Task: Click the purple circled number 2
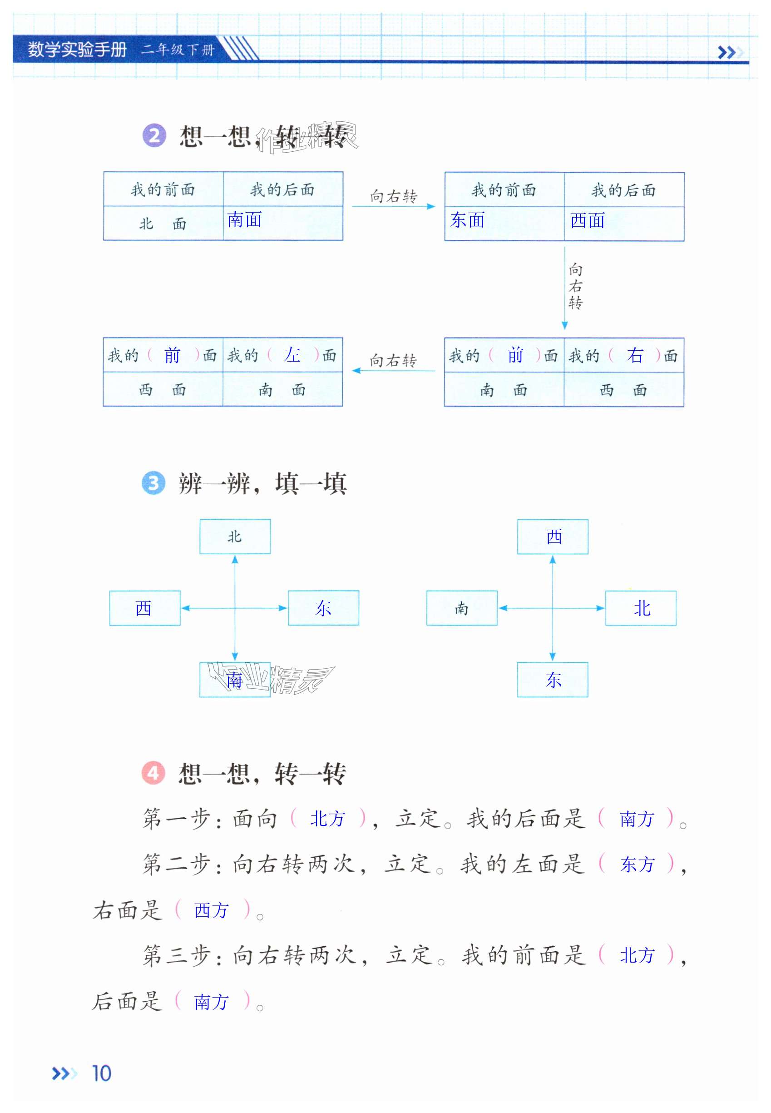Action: tap(154, 136)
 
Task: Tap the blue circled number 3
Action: tap(153, 483)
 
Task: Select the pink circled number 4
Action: tap(153, 774)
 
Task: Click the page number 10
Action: tap(101, 1073)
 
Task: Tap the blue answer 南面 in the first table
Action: tap(244, 220)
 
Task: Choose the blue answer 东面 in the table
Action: tap(467, 220)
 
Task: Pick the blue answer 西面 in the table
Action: tap(588, 221)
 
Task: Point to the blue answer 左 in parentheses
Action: tap(292, 355)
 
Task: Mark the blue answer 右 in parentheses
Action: tap(635, 356)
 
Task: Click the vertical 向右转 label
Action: tap(575, 286)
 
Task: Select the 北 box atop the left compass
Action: tap(235, 537)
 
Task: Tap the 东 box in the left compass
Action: tap(323, 608)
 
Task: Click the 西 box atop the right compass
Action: tap(553, 537)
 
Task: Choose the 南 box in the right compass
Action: tap(461, 608)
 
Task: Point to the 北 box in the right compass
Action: tap(641, 608)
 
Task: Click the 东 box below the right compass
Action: tap(553, 680)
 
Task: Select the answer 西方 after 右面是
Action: tap(211, 910)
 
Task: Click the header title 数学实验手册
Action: tap(77, 50)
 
